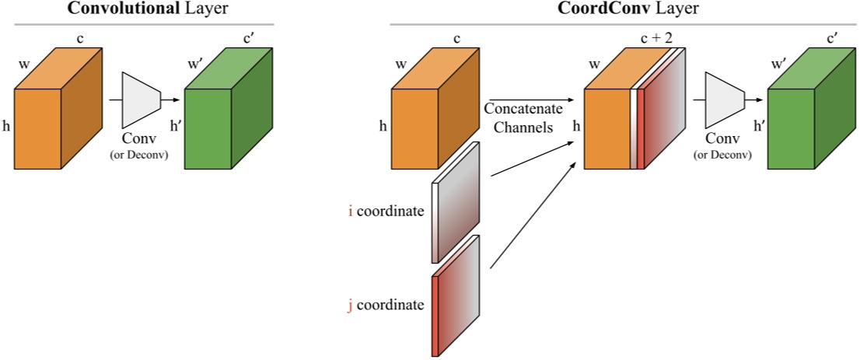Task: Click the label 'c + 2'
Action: tap(655, 39)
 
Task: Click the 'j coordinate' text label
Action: tap(386, 305)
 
